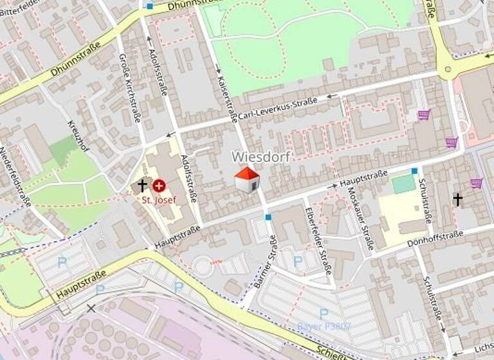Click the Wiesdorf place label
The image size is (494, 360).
pyautogui.click(x=261, y=157)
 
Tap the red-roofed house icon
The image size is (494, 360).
pyautogui.click(x=247, y=179)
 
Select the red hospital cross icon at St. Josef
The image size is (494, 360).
pyautogui.click(x=159, y=186)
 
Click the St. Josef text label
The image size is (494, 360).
pyautogui.click(x=159, y=200)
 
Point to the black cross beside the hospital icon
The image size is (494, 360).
pyautogui.click(x=142, y=186)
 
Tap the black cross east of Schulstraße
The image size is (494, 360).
pyautogui.click(x=457, y=199)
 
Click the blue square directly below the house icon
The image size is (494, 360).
pyautogui.click(x=268, y=217)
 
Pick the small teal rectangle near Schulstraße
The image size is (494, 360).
pyautogui.click(x=403, y=184)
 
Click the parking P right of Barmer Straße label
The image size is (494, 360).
pyautogui.click(x=298, y=262)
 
